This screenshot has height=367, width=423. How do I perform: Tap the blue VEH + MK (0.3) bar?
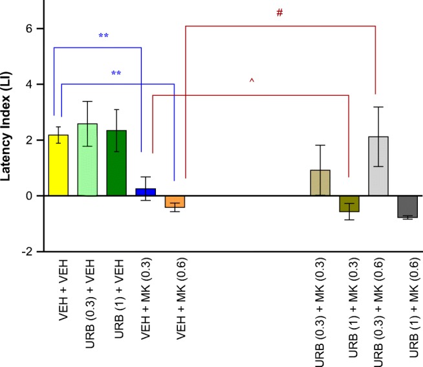(x=146, y=192)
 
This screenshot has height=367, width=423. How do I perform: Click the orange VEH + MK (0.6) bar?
(x=175, y=201)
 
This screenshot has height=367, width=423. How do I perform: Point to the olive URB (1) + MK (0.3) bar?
(x=349, y=203)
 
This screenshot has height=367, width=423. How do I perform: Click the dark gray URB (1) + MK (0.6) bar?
(x=407, y=206)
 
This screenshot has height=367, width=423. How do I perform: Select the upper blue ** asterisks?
(x=103, y=36)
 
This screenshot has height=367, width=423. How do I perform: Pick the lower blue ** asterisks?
(x=116, y=74)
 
